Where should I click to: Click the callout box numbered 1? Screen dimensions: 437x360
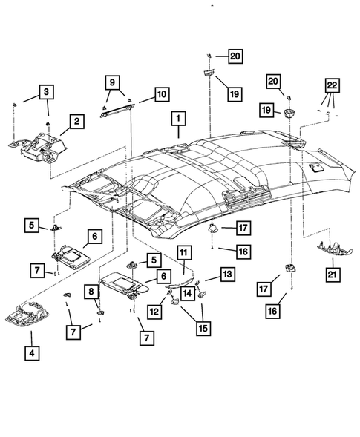pyautogui.click(x=178, y=118)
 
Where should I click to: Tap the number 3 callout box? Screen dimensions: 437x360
pyautogui.click(x=48, y=92)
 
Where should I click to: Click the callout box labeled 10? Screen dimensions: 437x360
pyautogui.click(x=160, y=94)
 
